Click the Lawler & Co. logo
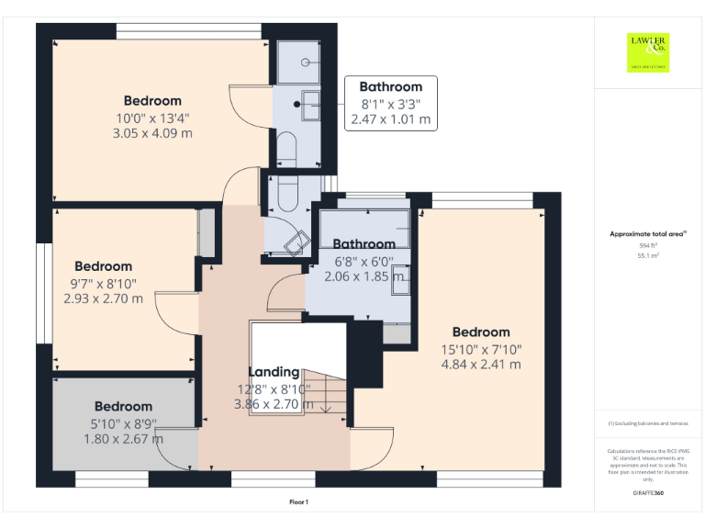[x=648, y=51]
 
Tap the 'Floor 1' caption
[x=298, y=502]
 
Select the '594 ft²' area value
[x=648, y=246]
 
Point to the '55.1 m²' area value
[x=648, y=256]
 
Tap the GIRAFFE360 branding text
[x=648, y=493]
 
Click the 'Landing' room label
[x=274, y=372]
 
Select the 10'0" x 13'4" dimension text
[x=152, y=118]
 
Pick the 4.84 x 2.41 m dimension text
[x=480, y=364]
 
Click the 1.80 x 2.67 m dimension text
[x=123, y=438]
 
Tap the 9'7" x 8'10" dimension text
[x=103, y=283]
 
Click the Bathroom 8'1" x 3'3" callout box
[x=390, y=103]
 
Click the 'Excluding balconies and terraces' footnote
[x=648, y=423]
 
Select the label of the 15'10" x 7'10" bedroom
[x=480, y=332]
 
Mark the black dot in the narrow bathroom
[x=297, y=104]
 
